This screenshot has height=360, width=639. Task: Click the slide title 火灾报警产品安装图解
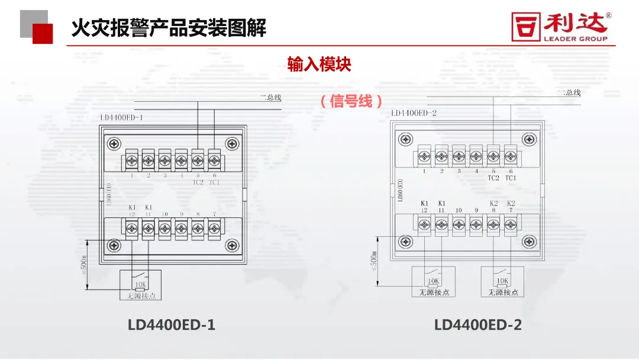(x=169, y=28)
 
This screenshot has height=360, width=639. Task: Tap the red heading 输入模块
(x=319, y=64)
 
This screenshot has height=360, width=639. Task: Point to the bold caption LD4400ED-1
(x=172, y=325)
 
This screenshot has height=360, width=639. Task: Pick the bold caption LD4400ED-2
(x=478, y=325)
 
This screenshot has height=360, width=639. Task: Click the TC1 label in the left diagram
(x=214, y=182)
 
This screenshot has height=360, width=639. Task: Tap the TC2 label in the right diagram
(x=493, y=178)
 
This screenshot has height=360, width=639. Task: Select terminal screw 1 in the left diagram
(x=132, y=160)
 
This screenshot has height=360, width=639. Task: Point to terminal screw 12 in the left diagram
(x=132, y=226)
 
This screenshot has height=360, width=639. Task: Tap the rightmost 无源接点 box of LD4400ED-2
(x=502, y=282)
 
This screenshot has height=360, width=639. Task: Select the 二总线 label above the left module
(x=270, y=98)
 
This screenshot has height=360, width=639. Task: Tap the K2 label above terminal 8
(x=493, y=203)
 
